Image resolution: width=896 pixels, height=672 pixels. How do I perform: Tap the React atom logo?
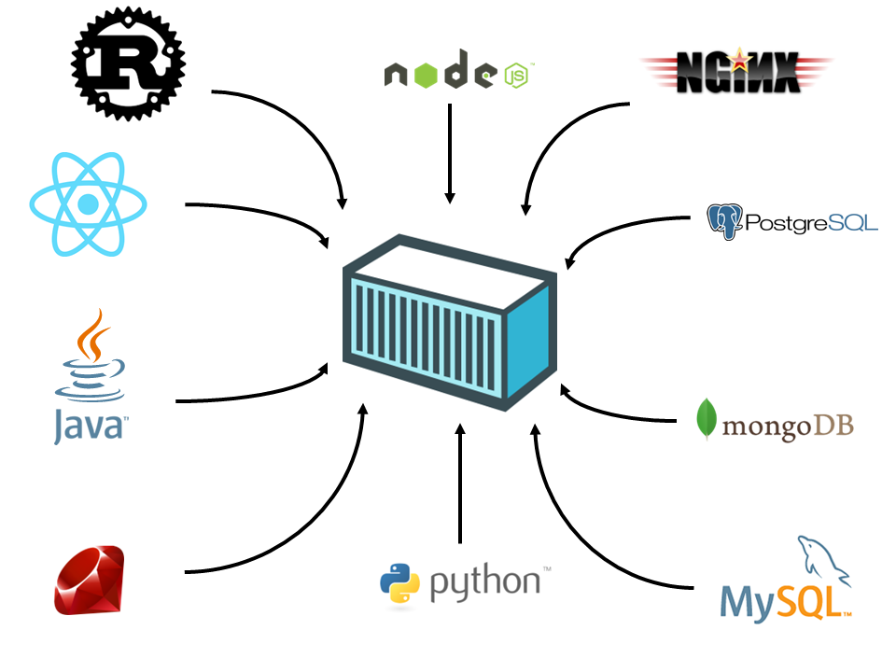click(89, 203)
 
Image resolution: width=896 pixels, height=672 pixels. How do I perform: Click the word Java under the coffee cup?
click(89, 425)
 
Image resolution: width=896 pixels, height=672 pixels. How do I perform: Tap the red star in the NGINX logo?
click(740, 62)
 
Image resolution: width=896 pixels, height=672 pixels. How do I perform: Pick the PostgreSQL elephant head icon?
click(725, 222)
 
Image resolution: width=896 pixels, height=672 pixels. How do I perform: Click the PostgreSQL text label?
click(811, 222)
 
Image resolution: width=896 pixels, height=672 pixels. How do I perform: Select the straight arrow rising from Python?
click(459, 485)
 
